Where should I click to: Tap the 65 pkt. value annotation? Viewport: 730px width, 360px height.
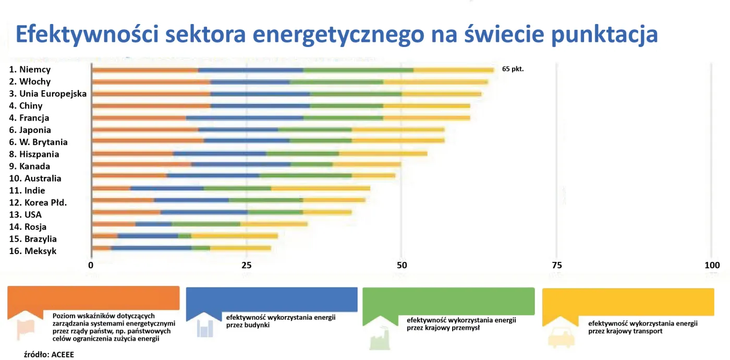coord(513,68)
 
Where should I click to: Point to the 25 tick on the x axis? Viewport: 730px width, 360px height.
coord(247,265)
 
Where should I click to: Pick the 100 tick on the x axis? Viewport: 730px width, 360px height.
coord(711,265)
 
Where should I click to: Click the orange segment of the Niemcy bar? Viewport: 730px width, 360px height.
coord(145,70)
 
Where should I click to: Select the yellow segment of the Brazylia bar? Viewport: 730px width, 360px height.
coord(235,236)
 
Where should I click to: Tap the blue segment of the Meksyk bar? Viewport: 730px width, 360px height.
coord(151,248)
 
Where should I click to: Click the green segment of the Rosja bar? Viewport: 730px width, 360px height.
coord(206,224)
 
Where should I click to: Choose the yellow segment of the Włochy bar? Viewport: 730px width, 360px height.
coord(435,82)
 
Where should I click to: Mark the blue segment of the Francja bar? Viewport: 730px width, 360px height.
coord(245,118)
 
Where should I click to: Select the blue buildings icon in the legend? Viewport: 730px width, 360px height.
coord(205,328)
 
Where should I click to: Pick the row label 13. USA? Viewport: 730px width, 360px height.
coord(25,214)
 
